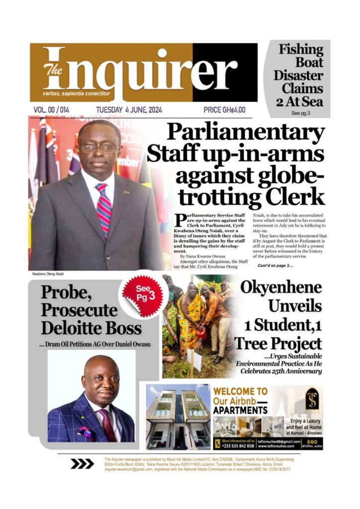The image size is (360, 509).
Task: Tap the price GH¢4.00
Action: [224, 110]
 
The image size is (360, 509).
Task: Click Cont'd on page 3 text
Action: [275, 266]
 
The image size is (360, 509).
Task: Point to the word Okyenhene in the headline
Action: [280, 287]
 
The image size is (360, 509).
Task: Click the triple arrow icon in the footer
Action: [82, 464]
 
